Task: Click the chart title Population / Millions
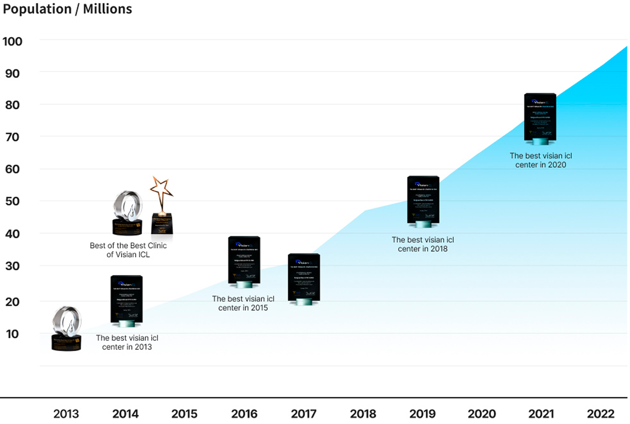click(67, 9)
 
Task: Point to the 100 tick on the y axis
click(12, 42)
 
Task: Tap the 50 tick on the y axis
click(12, 201)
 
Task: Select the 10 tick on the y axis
click(12, 334)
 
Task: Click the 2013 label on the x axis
click(66, 414)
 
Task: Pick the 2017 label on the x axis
click(303, 414)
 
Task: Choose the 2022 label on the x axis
click(600, 414)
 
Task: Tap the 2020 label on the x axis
click(482, 414)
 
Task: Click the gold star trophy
click(162, 205)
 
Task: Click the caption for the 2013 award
click(127, 342)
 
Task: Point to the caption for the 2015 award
click(243, 303)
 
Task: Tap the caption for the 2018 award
click(423, 244)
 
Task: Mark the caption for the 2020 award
click(541, 160)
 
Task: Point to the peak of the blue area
click(626, 47)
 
